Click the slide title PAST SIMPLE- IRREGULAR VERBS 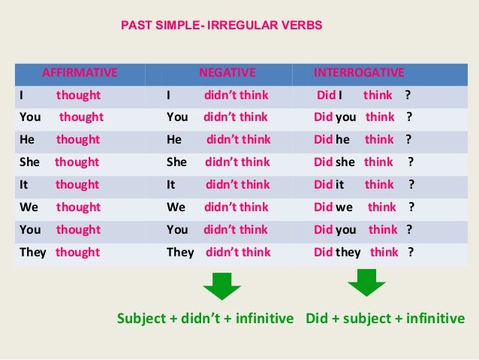[221, 26]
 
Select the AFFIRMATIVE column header [80, 73]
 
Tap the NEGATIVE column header [227, 73]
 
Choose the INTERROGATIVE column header [359, 73]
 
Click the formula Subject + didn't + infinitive [205, 318]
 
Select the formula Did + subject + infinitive [385, 318]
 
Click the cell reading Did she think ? [363, 162]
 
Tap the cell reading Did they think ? [363, 252]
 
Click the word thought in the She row [77, 162]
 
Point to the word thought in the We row [78, 207]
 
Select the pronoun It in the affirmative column [23, 184]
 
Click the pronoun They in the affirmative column [33, 252]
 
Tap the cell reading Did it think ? [363, 184]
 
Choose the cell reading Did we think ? [363, 207]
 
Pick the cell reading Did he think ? [363, 140]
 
